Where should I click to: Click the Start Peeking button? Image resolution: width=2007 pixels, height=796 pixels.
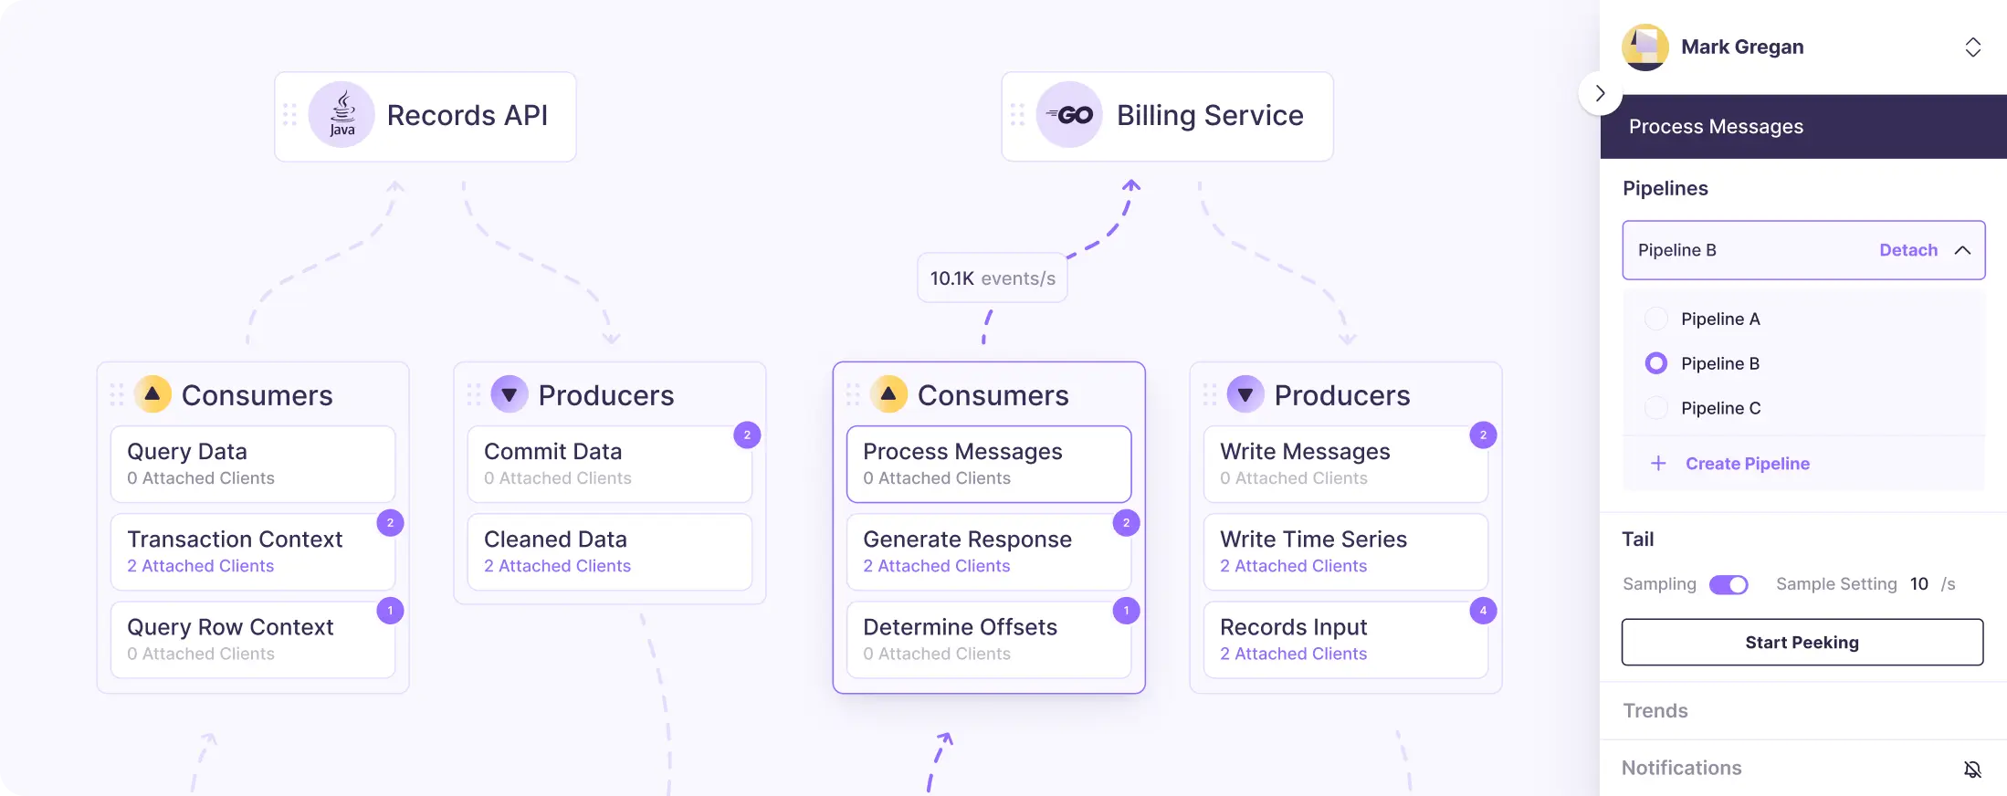(1802, 642)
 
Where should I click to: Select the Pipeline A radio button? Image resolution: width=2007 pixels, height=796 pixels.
(1655, 319)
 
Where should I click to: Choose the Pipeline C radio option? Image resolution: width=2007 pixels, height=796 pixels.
(1655, 408)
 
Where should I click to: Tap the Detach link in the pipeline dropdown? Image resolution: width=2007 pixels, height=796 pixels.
(1907, 250)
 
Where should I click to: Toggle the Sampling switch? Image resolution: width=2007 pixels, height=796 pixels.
(1729, 584)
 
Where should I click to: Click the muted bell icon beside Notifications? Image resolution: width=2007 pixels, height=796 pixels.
(1972, 770)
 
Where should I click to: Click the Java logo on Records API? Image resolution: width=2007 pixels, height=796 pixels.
(342, 115)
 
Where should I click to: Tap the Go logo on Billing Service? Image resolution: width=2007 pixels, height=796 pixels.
(1069, 115)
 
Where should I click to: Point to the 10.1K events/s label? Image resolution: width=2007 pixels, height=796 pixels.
(993, 278)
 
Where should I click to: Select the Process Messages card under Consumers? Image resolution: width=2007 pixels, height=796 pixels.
(989, 464)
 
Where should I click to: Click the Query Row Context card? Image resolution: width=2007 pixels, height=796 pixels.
(253, 639)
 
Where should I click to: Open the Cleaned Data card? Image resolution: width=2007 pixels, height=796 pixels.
(610, 551)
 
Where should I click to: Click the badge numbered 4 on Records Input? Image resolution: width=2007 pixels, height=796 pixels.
(1483, 611)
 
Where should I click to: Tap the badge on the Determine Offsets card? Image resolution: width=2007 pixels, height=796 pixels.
(1126, 611)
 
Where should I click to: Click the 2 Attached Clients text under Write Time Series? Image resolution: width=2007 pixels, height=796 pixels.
(1293, 566)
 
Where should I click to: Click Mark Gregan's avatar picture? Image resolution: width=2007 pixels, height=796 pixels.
(1645, 47)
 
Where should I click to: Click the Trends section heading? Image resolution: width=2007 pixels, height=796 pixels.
(1655, 711)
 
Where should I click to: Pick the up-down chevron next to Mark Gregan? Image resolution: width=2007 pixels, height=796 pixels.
(1973, 47)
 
